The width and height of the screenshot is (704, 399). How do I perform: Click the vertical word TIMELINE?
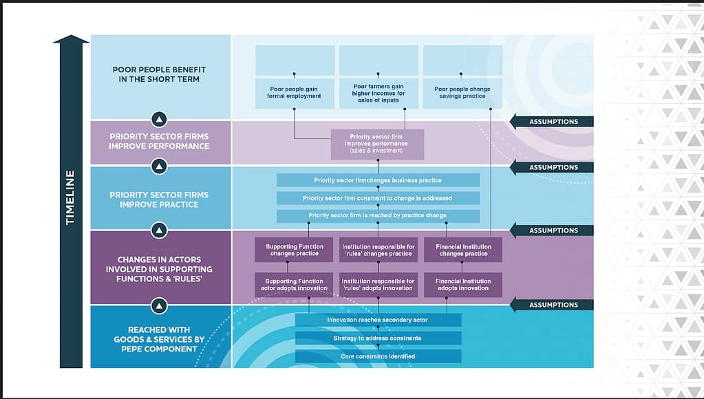[x=70, y=197]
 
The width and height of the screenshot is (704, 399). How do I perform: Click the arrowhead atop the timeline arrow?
[x=71, y=40]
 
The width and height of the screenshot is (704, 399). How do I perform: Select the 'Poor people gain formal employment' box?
[x=295, y=93]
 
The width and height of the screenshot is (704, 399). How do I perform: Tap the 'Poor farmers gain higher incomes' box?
[x=378, y=93]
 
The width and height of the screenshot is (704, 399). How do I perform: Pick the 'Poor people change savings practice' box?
[x=462, y=93]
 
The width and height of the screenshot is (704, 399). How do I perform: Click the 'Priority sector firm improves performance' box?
[x=377, y=144]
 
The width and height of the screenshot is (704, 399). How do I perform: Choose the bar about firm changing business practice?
[x=378, y=180]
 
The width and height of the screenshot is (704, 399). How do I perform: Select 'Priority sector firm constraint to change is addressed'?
[x=378, y=198]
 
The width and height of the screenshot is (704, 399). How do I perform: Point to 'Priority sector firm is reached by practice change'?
[x=378, y=216]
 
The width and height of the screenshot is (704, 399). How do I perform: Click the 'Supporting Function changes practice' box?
[x=295, y=250]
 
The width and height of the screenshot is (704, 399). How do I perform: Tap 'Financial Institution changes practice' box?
[x=462, y=250]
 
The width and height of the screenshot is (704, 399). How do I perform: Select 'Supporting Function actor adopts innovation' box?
[x=295, y=285]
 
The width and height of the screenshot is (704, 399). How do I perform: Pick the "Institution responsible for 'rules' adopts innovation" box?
[x=378, y=285]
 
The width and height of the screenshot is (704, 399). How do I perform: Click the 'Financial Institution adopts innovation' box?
[x=462, y=285]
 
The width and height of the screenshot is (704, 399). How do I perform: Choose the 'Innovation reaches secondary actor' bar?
[x=378, y=320]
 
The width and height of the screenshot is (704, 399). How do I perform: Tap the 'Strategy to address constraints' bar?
[x=378, y=338]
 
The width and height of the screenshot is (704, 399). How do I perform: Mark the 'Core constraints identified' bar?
[x=378, y=356]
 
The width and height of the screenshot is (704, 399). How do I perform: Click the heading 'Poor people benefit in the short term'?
[x=160, y=74]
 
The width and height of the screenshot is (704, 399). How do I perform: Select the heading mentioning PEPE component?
[x=160, y=339]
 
